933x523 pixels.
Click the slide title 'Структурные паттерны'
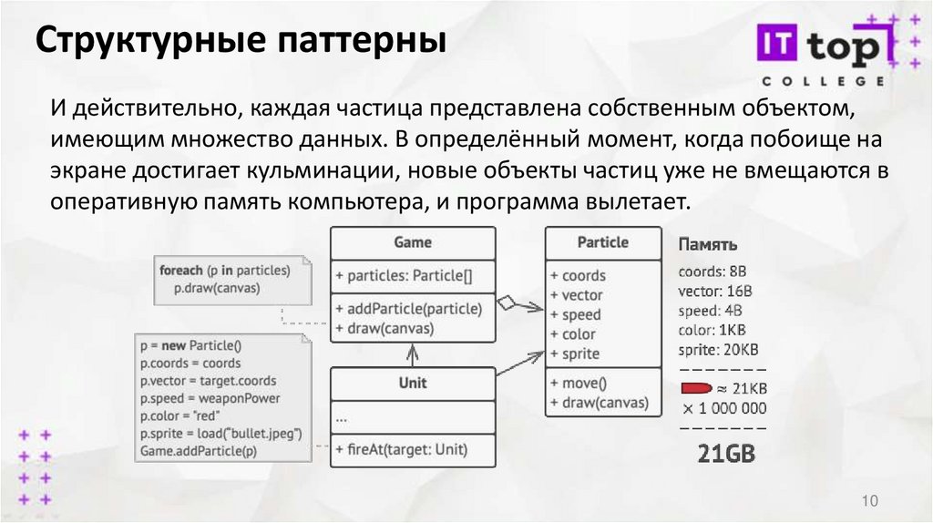(x=241, y=42)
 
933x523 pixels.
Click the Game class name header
(x=413, y=242)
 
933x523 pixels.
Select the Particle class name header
(x=602, y=242)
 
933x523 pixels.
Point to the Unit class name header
(x=413, y=383)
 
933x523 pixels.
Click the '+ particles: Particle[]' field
(x=404, y=275)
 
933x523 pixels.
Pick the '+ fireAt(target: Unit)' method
(x=401, y=448)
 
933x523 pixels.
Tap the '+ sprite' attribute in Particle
(x=575, y=354)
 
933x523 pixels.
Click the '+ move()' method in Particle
(x=579, y=383)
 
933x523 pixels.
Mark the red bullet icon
(x=697, y=389)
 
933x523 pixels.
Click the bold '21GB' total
(x=726, y=453)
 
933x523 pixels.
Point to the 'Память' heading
(x=708, y=245)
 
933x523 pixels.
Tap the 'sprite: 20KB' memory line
(x=718, y=349)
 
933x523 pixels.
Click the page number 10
(x=868, y=500)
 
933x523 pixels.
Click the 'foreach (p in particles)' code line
(x=224, y=271)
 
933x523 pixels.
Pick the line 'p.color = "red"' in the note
(x=178, y=415)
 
